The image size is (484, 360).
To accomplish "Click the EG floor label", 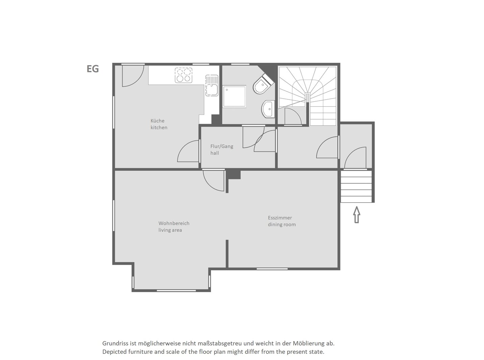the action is click(x=93, y=69).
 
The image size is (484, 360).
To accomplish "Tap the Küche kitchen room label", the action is click(x=159, y=124).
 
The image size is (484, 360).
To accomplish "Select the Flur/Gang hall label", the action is click(x=222, y=150).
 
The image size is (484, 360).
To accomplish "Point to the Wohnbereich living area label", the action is click(x=174, y=227).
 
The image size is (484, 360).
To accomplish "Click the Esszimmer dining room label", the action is click(x=282, y=221).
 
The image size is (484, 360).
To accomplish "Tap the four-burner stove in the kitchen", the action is click(x=183, y=75).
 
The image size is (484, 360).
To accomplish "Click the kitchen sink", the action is click(x=211, y=85).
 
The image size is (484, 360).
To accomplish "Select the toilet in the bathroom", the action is click(x=263, y=84).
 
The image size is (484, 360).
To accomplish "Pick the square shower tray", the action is click(x=234, y=97).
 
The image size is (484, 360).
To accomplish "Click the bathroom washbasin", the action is click(x=268, y=109).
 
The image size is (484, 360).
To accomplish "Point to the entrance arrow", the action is click(x=357, y=215).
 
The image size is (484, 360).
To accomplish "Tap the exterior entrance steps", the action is click(x=356, y=186).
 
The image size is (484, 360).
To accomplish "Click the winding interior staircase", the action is click(x=308, y=96).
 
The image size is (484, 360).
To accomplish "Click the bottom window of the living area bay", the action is click(x=176, y=290).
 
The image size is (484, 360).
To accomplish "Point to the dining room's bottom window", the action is click(x=272, y=269).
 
